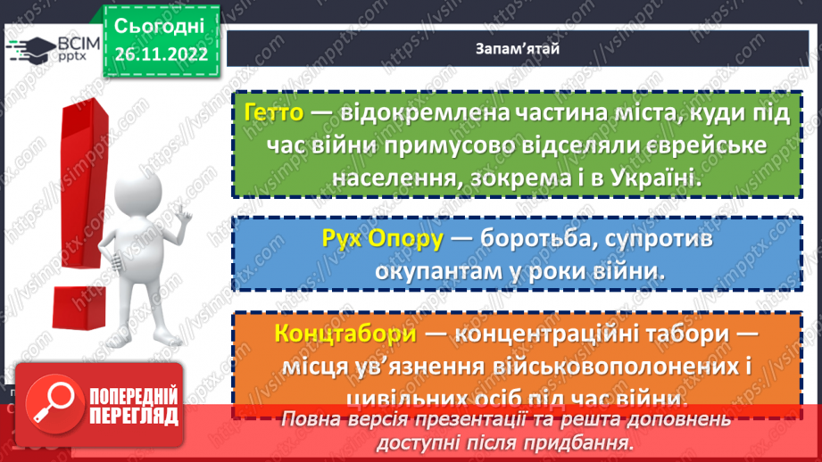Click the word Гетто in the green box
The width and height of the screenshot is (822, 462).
[x=274, y=113]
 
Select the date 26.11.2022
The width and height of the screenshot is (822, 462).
[x=161, y=54]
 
